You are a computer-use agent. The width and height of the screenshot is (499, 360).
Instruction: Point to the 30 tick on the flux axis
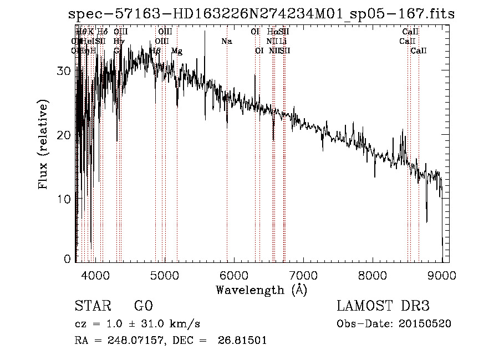pyautogui.click(x=65, y=71)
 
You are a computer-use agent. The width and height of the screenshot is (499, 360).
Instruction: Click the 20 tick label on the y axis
pyautogui.click(x=65, y=135)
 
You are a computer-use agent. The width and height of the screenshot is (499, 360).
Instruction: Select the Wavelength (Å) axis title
pyautogui.click(x=261, y=290)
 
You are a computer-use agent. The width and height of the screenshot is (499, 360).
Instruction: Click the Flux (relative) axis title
pyautogui.click(x=43, y=144)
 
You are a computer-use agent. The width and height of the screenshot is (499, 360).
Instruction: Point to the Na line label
pyautogui.click(x=226, y=41)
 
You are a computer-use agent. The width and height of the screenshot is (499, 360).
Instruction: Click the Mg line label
pyautogui.click(x=176, y=51)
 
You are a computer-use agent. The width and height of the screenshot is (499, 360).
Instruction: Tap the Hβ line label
pyautogui.click(x=155, y=51)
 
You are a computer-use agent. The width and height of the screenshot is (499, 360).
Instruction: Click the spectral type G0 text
pyautogui.click(x=143, y=306)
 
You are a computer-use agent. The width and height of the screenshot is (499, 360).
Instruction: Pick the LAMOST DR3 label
pyautogui.click(x=383, y=306)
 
